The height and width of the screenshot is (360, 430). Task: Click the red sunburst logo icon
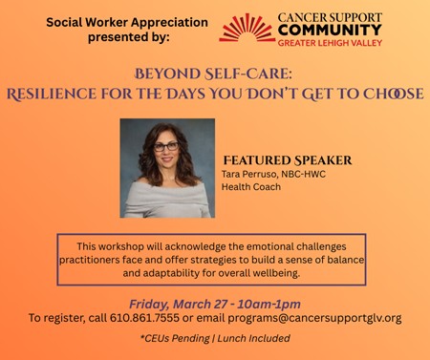(x=247, y=28)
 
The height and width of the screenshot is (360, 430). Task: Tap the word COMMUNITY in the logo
(x=330, y=31)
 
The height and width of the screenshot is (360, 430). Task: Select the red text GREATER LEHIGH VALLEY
(x=330, y=43)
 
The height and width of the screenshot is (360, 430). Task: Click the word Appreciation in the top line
(x=169, y=23)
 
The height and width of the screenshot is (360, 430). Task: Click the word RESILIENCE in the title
(x=52, y=94)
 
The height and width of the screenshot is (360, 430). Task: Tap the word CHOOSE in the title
(x=394, y=94)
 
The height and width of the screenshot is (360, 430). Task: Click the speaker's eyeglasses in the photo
(x=166, y=147)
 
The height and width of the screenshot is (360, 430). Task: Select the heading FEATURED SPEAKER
(x=288, y=160)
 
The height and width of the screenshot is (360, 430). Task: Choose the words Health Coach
(x=251, y=186)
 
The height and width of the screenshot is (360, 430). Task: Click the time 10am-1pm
(x=269, y=304)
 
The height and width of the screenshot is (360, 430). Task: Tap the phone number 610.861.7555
(x=144, y=318)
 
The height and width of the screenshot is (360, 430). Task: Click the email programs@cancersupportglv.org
(x=314, y=318)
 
